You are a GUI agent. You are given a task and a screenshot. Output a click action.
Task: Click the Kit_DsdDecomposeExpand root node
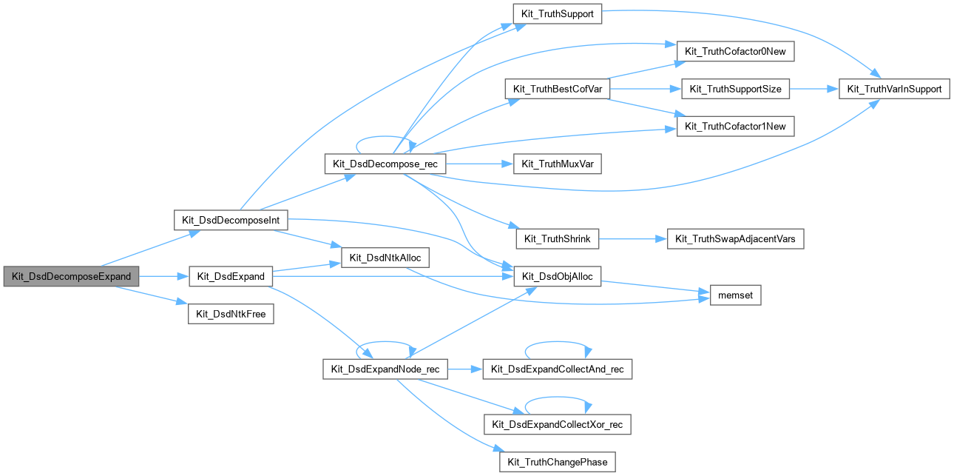tap(71, 276)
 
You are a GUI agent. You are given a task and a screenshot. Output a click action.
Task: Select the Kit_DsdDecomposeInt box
tap(230, 220)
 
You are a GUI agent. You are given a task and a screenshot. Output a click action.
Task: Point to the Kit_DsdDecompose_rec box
tap(385, 164)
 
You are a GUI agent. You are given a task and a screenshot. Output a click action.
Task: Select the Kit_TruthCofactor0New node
tap(736, 51)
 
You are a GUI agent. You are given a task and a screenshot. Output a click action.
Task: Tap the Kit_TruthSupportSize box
tap(735, 89)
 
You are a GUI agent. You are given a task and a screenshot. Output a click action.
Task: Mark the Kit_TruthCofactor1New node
tap(736, 127)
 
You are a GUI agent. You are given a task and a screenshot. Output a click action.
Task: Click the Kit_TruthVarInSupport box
tap(893, 89)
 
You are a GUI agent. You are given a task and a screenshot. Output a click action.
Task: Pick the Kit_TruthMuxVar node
tap(557, 164)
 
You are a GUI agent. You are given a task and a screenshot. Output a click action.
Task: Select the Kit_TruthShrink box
tap(557, 238)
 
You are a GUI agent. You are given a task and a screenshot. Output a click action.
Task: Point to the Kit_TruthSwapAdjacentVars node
tap(736, 238)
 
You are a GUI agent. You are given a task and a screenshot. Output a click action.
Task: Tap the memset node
tap(735, 295)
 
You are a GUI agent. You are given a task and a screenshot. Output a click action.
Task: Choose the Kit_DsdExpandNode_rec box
tap(385, 369)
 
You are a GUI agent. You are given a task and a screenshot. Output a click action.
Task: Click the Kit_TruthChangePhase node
tap(557, 462)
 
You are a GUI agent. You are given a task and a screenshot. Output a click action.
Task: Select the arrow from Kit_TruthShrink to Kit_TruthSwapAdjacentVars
tap(632, 238)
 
